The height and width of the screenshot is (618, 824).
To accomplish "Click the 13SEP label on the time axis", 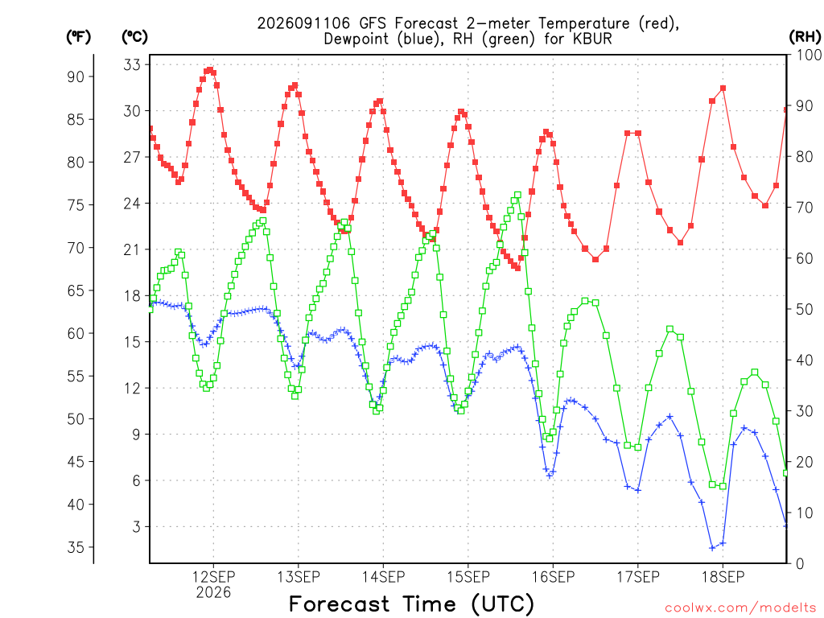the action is tap(299, 577).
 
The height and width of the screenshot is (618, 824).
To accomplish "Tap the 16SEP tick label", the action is tap(553, 577).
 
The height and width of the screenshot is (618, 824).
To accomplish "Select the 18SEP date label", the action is tap(723, 577).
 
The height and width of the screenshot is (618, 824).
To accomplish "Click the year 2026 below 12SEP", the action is tap(213, 593).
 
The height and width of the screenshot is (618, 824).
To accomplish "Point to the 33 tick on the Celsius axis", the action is tap(133, 64).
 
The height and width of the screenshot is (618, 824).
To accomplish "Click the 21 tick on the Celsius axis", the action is tap(133, 249).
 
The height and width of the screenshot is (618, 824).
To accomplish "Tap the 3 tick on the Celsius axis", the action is tap(137, 526).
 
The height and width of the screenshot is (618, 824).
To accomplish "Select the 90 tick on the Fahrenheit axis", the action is tap(76, 76).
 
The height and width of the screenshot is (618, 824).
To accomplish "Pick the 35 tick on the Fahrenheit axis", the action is tap(76, 547).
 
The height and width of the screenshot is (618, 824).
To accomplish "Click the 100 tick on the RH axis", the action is tap(809, 55).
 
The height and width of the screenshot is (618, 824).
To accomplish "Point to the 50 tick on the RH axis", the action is tap(805, 310).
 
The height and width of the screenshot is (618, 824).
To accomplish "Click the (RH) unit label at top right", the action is tap(805, 36).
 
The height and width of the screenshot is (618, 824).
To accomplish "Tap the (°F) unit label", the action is tap(78, 36).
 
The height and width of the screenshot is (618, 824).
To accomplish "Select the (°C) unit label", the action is tap(135, 36).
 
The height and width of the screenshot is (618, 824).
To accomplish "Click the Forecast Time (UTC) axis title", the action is tap(411, 604).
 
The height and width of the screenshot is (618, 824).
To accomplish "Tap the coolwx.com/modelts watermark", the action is tap(740, 608).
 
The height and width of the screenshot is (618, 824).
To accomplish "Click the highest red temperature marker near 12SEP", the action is tap(210, 70).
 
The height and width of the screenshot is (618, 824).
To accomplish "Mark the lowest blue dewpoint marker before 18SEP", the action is tap(712, 548).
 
